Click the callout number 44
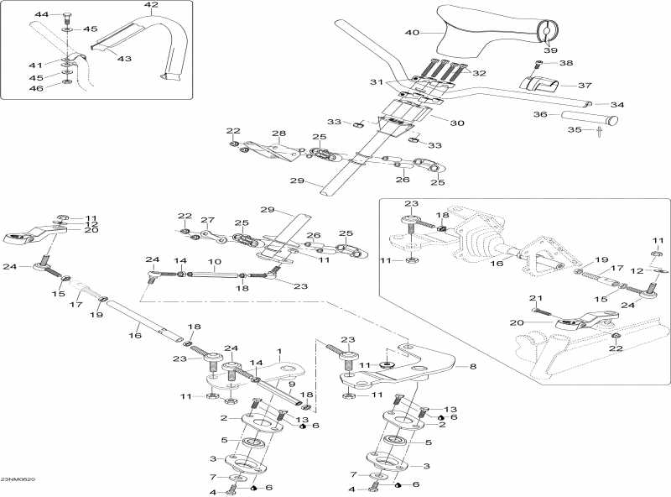tap(41, 15)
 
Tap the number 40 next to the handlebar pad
tap(412, 33)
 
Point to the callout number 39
tap(550, 50)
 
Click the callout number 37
tap(585, 85)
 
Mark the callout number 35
tap(575, 130)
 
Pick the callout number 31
tap(376, 81)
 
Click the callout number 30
tap(457, 123)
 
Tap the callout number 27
tap(207, 221)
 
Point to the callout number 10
tap(215, 262)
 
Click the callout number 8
tap(472, 366)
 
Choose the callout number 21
tap(534, 298)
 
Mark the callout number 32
tap(480, 74)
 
